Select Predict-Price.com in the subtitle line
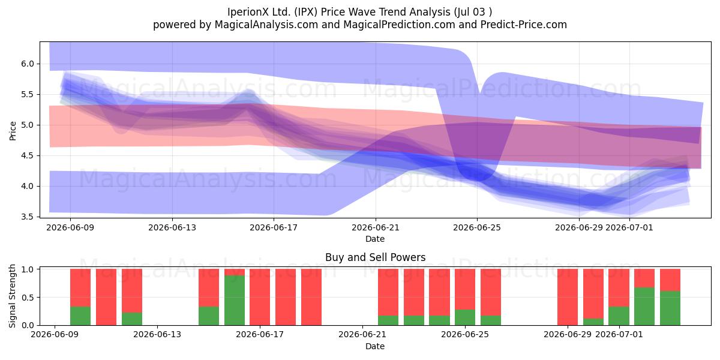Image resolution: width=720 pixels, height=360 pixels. [524, 25]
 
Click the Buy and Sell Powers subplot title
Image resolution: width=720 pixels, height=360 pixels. [375, 257]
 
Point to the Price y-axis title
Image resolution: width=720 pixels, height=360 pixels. [13, 131]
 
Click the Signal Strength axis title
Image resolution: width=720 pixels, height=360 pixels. [12, 296]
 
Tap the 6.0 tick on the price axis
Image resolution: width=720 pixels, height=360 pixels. [28, 64]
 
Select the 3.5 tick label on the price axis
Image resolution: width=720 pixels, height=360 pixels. [28, 217]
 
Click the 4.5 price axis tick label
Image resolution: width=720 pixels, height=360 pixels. [28, 155]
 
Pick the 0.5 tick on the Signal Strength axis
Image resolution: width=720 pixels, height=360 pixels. [28, 298]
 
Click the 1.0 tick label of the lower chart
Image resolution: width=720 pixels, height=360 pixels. [28, 269]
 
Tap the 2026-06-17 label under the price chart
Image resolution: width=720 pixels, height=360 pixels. [274, 227]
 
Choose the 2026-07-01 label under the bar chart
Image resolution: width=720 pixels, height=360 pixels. [619, 334]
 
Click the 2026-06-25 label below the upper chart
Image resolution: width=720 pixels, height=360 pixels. [477, 227]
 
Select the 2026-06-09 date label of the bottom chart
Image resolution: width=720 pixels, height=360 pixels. [55, 334]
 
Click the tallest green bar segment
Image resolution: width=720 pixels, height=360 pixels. [235, 300]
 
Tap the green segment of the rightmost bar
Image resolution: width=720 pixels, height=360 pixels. [670, 308]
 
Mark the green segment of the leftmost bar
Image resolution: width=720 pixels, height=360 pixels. [80, 316]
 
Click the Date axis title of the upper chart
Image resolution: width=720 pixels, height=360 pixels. [375, 239]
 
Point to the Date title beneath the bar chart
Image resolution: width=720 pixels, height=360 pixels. [375, 346]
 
